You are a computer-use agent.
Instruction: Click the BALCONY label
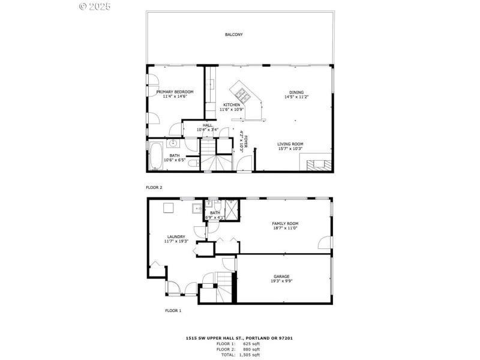233,35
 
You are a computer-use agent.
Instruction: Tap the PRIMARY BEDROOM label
175,92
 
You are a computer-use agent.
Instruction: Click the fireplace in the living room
316,164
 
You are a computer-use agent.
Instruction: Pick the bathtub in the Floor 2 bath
155,155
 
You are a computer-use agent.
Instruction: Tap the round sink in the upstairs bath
173,143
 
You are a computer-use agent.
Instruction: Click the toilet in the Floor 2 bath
192,163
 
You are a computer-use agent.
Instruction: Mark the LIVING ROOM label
290,144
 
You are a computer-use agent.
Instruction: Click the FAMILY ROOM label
286,223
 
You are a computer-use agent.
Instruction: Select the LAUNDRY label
176,236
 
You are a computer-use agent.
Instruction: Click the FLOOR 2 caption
154,187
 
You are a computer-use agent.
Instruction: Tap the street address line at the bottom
239,338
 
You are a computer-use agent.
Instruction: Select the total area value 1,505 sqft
251,354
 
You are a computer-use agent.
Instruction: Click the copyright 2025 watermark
95,7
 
